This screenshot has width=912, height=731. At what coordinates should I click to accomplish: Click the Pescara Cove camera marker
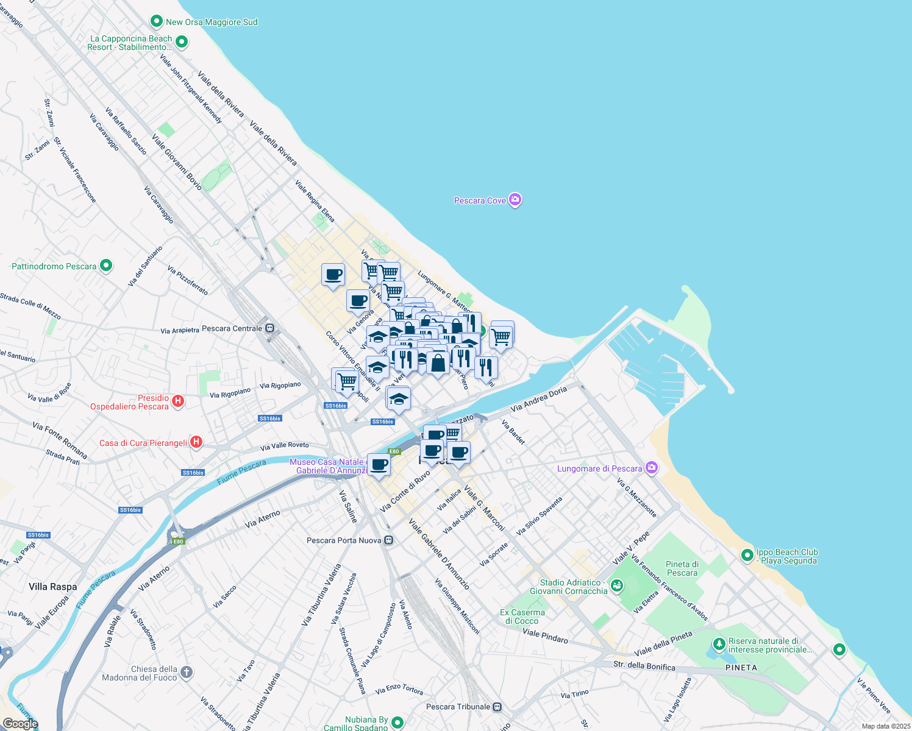pyautogui.click(x=515, y=200)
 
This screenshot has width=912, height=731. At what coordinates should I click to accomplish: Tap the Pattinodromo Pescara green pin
pyautogui.click(x=106, y=266)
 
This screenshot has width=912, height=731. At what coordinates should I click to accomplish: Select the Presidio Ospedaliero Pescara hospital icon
pyautogui.click(x=178, y=401)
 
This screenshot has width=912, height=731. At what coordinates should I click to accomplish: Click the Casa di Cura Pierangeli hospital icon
pyautogui.click(x=196, y=442)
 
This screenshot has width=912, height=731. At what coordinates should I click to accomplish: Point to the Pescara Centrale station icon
pyautogui.click(x=270, y=328)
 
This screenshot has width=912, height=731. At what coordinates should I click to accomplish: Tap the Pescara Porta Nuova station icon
pyautogui.click(x=389, y=540)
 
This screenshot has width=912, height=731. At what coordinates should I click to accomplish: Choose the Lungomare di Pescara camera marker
pyautogui.click(x=652, y=468)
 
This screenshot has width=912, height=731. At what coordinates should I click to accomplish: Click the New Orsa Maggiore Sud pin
pyautogui.click(x=157, y=21)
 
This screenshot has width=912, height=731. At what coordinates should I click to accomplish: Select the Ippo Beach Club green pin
pyautogui.click(x=747, y=555)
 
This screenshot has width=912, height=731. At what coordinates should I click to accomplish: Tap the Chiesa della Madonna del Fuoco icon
pyautogui.click(x=187, y=673)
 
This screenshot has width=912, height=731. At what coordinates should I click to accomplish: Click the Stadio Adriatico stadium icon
pyautogui.click(x=617, y=586)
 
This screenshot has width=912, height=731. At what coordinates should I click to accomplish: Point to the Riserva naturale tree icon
pyautogui.click(x=719, y=644)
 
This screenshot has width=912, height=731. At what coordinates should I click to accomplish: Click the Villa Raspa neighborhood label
pyautogui.click(x=53, y=587)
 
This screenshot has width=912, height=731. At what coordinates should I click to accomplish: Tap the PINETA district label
pyautogui.click(x=741, y=668)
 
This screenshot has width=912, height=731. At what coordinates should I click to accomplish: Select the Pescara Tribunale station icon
pyautogui.click(x=497, y=707)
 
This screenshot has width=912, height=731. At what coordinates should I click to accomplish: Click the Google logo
pyautogui.click(x=20, y=724)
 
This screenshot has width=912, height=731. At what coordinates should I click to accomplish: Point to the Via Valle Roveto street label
pyautogui.click(x=284, y=446)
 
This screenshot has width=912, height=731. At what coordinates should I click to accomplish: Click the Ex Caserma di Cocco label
pyautogui.click(x=522, y=616)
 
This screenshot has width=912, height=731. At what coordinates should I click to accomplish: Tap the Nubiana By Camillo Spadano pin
pyautogui.click(x=397, y=722)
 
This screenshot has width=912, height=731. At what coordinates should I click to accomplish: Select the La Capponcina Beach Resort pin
pyautogui.click(x=181, y=42)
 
